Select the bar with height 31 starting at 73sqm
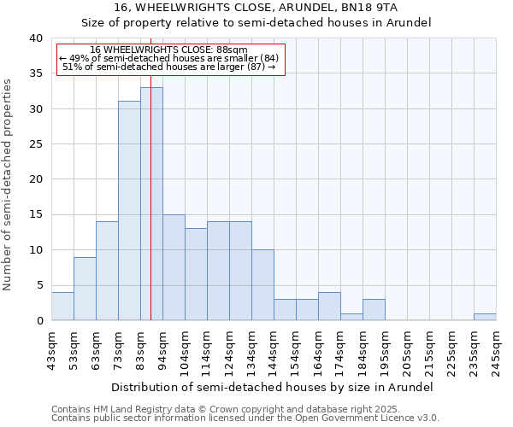pyautogui.click(x=129, y=211)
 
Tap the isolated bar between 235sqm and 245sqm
pyautogui.click(x=485, y=317)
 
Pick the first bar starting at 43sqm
pyautogui.click(x=62, y=307)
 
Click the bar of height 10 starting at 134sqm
pyautogui.click(x=262, y=285)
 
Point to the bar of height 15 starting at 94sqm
pyautogui.click(x=174, y=267)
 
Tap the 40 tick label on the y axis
pyautogui.click(x=35, y=38)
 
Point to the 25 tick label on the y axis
pyautogui.click(x=35, y=144)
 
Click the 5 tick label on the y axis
pyautogui.click(x=38, y=285)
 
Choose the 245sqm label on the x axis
pyautogui.click(x=496, y=351)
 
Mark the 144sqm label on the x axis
pyautogui.click(x=274, y=351)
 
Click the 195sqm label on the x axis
pyautogui.click(x=385, y=351)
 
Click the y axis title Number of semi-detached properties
pyautogui.click(x=9, y=184)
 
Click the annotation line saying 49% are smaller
pyautogui.click(x=168, y=58)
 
